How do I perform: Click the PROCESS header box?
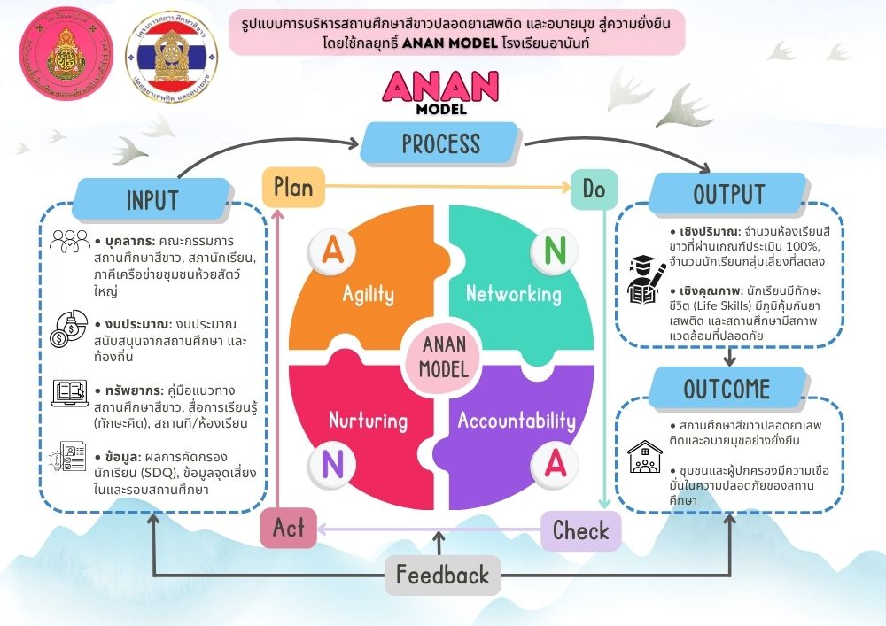pyautogui.click(x=439, y=143)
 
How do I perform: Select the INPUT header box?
pyautogui.click(x=152, y=199)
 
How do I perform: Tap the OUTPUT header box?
pyautogui.click(x=728, y=194)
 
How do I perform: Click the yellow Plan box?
pyautogui.click(x=292, y=188)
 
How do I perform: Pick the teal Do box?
pyautogui.click(x=593, y=189)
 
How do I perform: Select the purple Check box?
pyautogui.click(x=580, y=530)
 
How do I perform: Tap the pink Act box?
pyautogui.click(x=288, y=528)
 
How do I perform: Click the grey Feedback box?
pyautogui.click(x=442, y=575)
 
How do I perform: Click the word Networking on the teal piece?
pyautogui.click(x=513, y=293)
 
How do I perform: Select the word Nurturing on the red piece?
pyautogui.click(x=368, y=419)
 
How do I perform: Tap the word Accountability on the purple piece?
pyautogui.click(x=516, y=421)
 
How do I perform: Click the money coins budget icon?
pyautogui.click(x=68, y=327)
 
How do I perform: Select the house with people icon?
pyautogui.click(x=646, y=457)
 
